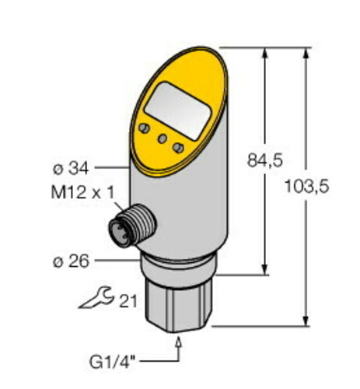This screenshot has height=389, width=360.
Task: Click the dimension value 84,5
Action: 264,160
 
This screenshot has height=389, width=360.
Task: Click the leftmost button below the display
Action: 144,128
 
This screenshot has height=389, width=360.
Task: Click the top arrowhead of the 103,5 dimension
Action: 305,51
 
